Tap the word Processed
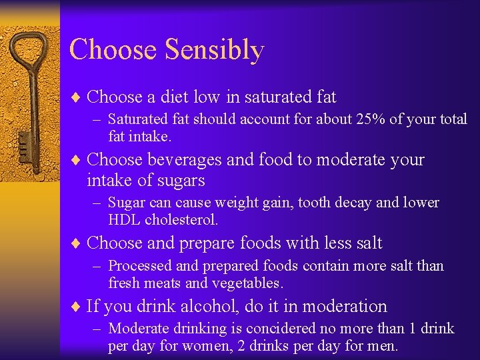(140, 266)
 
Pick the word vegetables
(247, 283)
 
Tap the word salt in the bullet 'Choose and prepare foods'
(367, 243)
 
